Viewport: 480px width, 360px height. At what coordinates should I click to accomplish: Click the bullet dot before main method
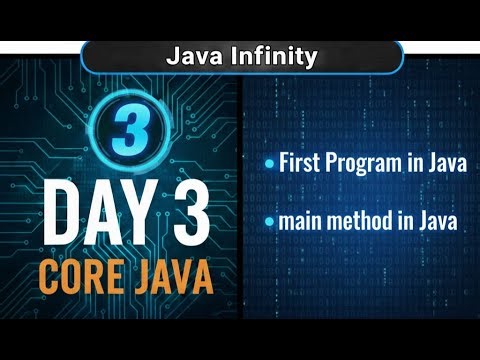click(269, 222)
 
